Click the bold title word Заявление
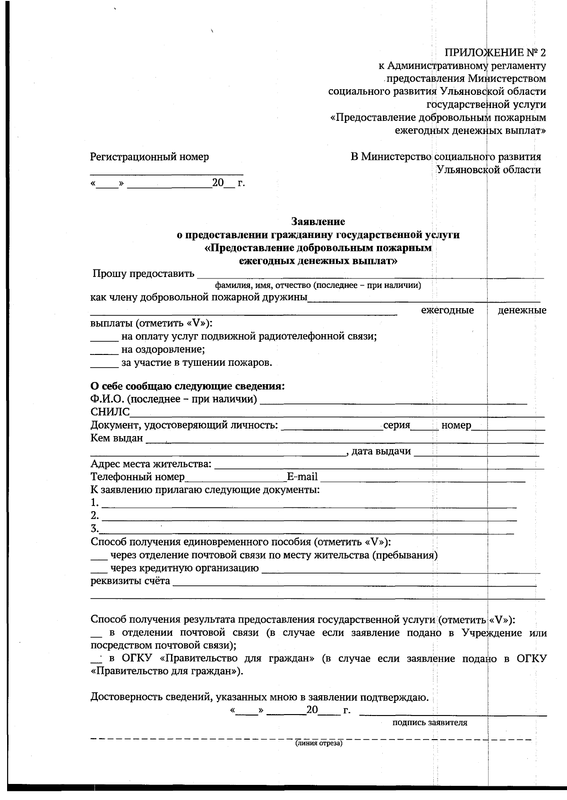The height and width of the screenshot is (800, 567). tap(318, 221)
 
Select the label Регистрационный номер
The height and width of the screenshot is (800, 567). tap(149, 157)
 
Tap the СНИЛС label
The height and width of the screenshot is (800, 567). tap(110, 413)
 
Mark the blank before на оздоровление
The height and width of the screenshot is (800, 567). tap(103, 350)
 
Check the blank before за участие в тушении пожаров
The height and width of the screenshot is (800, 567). tap(103, 363)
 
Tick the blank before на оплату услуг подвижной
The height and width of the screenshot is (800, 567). tap(103, 337)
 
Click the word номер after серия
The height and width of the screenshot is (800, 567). tap(456, 425)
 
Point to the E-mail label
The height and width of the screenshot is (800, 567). tap(302, 477)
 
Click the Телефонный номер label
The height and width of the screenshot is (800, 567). tap(137, 477)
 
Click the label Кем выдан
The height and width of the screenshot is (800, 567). tap(116, 438)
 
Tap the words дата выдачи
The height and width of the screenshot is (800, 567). tap(381, 451)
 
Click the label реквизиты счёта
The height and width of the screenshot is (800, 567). tap(130, 581)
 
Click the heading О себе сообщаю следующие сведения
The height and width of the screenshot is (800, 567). tap(188, 387)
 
